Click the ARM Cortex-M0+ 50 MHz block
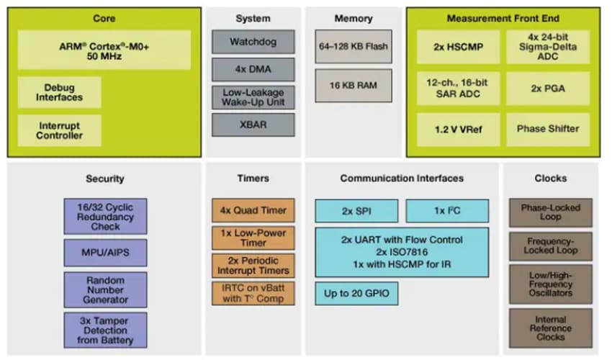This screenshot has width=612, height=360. pos(104,49)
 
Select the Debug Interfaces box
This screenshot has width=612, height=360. pos(59,92)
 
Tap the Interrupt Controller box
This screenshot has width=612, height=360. pos(59,130)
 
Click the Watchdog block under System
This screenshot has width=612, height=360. pos(253,42)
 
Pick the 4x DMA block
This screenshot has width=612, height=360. pos(253,70)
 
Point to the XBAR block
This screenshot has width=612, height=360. pos(253,125)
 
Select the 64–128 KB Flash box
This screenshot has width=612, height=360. pos(353,47)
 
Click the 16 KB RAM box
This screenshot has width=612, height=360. pos(353,85)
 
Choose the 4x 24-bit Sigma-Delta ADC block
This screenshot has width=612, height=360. pos(547,47)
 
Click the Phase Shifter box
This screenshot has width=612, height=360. pos(547,129)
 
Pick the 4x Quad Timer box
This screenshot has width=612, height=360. pos(253,210)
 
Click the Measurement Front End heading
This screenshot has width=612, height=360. pos(502,18)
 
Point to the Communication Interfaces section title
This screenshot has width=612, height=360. pos(402,178)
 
